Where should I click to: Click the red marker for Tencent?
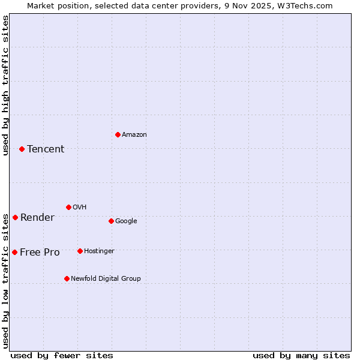click(x=22, y=149)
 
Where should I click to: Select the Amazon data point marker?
click(x=118, y=134)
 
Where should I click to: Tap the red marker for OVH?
click(x=68, y=207)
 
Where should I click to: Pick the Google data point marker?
click(x=111, y=221)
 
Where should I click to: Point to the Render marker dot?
click(x=15, y=217)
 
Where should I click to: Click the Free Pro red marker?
click(x=14, y=252)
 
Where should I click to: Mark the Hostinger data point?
click(x=80, y=251)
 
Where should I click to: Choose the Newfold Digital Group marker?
click(x=67, y=278)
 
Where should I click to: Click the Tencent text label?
click(x=46, y=149)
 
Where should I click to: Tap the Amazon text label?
click(x=134, y=135)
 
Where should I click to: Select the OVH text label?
click(x=80, y=208)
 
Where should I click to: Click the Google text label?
click(x=126, y=221)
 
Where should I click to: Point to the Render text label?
click(x=37, y=218)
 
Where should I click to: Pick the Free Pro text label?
click(x=40, y=253)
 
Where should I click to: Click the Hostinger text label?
click(x=99, y=251)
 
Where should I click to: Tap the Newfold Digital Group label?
click(x=106, y=279)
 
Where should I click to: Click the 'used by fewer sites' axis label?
click(x=62, y=355)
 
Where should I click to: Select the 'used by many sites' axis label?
click(x=301, y=355)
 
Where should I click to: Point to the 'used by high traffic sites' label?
click(x=5, y=85)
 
